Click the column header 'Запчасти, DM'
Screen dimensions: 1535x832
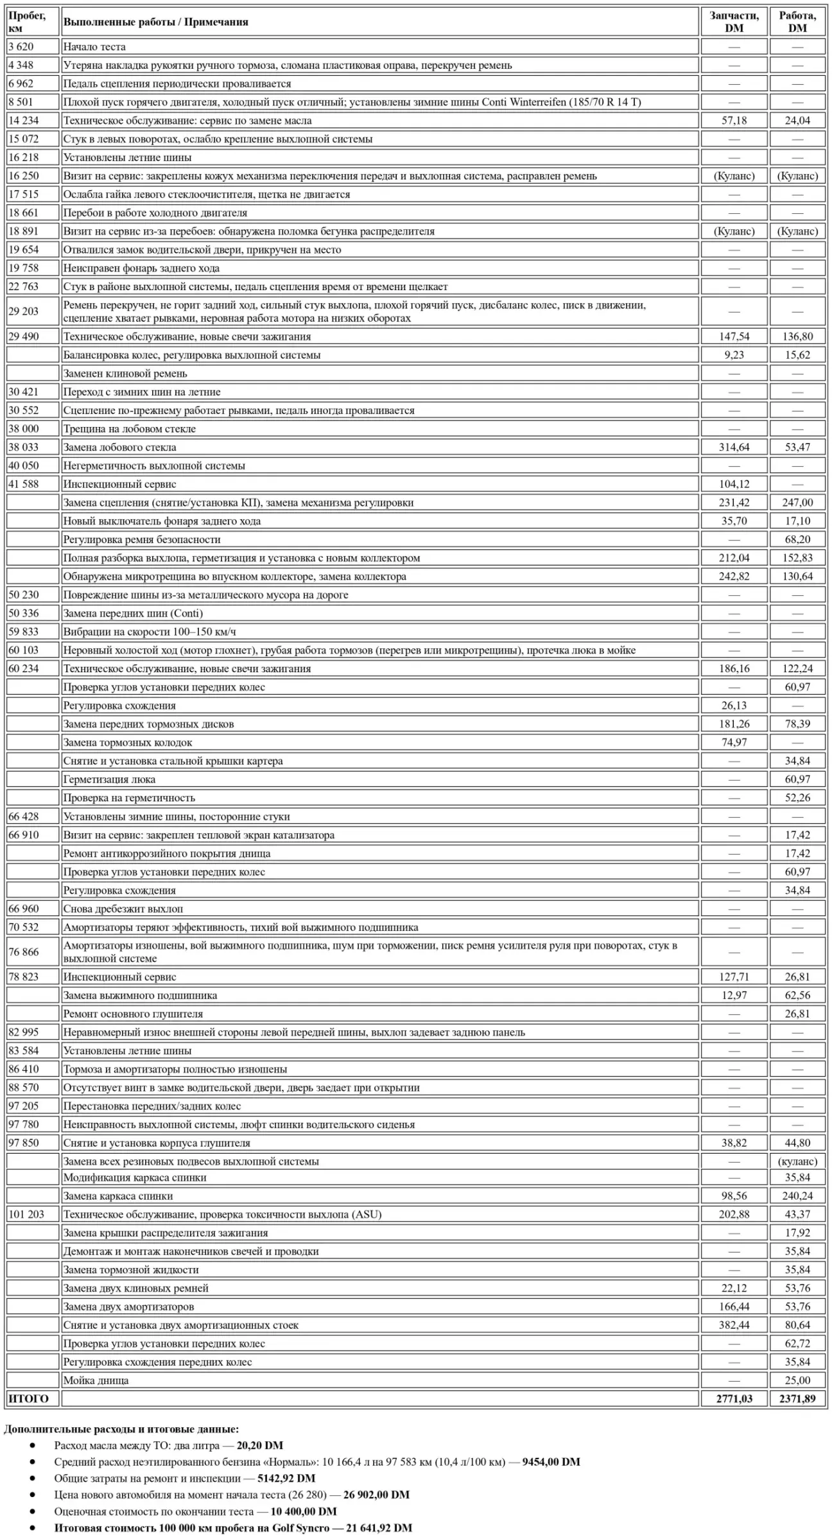coord(734,22)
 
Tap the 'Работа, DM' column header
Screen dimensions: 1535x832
coord(797,22)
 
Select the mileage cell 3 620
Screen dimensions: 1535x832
coord(21,47)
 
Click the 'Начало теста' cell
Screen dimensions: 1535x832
coord(94,47)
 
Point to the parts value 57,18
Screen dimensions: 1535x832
coord(734,121)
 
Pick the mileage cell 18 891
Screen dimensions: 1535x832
coord(24,231)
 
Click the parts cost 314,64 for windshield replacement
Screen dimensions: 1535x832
coord(734,447)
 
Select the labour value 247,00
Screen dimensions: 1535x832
coord(797,503)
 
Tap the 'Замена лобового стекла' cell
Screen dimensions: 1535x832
coord(119,447)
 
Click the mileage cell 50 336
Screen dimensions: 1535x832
coord(24,613)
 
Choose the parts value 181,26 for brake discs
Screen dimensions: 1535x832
coord(734,724)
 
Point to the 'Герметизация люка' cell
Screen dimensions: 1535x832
coord(109,779)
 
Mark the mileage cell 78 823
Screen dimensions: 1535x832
coord(24,977)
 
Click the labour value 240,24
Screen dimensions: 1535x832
coord(797,1196)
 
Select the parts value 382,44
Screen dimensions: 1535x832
coord(734,1325)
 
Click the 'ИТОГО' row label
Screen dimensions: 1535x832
coord(28,1398)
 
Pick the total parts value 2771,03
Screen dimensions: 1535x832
coord(734,1398)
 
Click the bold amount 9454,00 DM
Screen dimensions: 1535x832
coord(551,1462)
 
